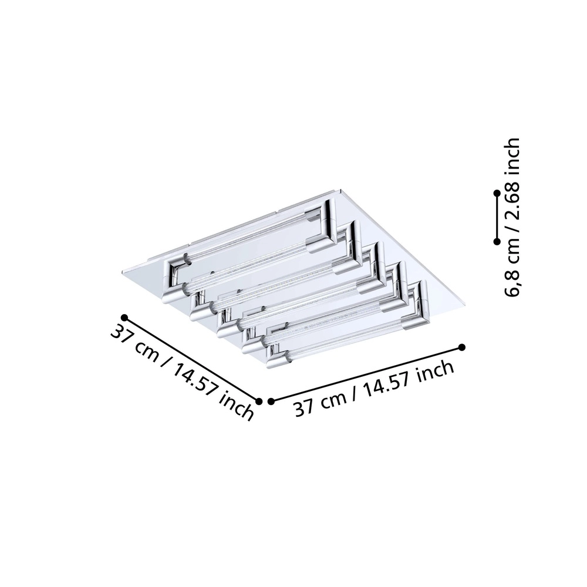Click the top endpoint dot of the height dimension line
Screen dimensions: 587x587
[x=497, y=193]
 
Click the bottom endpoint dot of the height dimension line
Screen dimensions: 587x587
[x=497, y=241]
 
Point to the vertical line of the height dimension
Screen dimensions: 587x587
[x=497, y=217]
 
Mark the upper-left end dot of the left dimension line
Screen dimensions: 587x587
[x=124, y=318]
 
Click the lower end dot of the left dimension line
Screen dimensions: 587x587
[x=259, y=401]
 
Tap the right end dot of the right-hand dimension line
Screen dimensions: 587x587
[x=462, y=347]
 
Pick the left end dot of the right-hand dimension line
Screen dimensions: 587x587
[x=271, y=402]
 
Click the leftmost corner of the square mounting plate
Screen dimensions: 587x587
[x=123, y=270]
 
